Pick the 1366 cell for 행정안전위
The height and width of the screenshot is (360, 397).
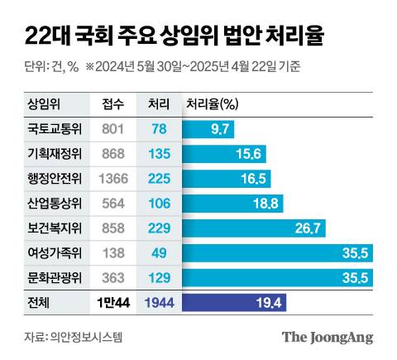tap(113, 178)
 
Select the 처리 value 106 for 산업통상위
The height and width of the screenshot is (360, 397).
tap(159, 203)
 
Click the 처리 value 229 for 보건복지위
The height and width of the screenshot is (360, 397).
tap(159, 228)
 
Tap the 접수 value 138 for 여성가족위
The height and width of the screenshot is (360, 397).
tap(113, 252)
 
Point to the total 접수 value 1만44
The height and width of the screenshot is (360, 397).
tap(113, 303)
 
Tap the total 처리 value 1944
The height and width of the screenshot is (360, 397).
tap(159, 303)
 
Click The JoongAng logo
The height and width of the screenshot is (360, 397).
tap(328, 337)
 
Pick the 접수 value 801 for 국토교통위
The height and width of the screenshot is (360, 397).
tap(113, 128)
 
